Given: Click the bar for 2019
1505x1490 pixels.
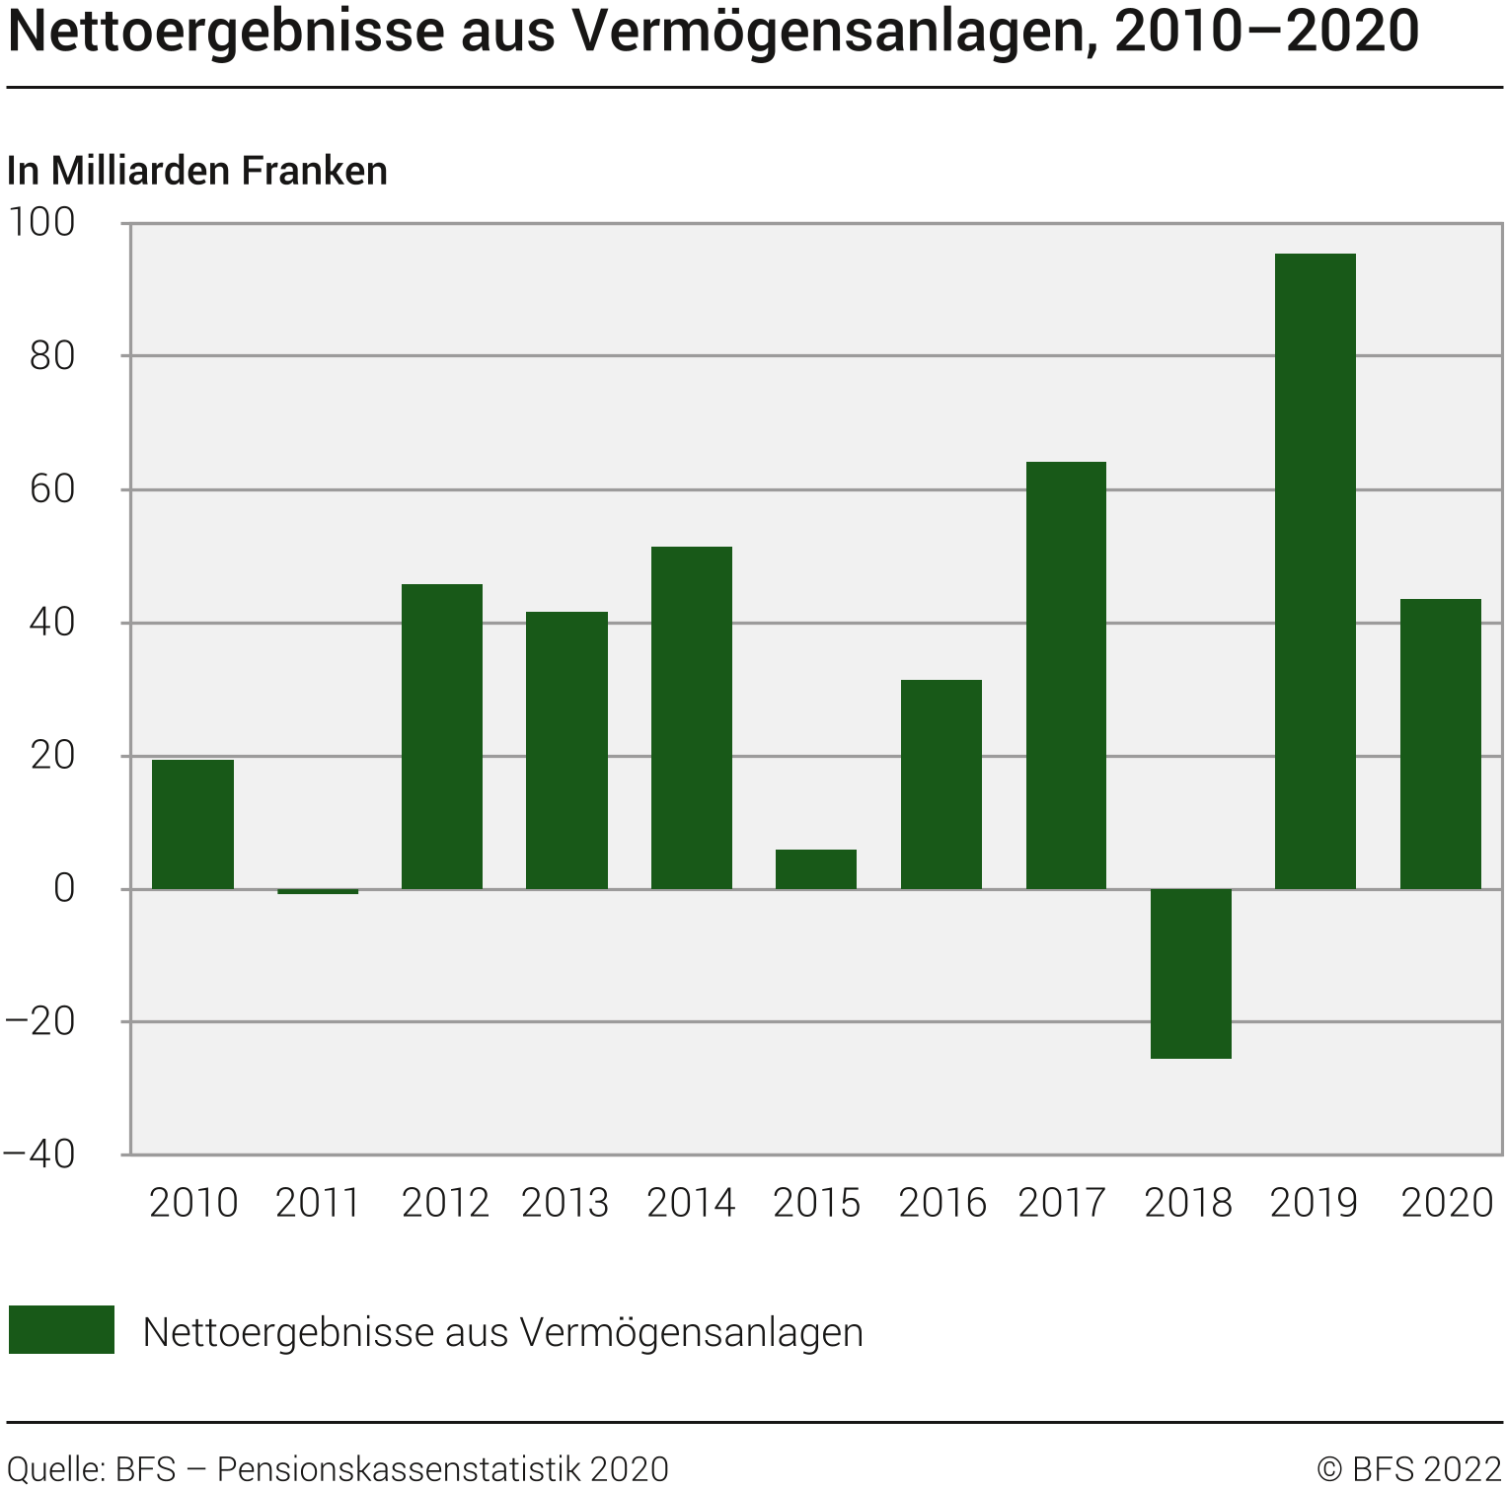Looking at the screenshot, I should (1315, 571).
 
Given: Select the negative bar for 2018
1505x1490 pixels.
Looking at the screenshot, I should (1190, 973).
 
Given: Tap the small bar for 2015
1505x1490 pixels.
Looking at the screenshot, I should (816, 869).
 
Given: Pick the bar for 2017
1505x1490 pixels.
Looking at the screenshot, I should (1066, 675).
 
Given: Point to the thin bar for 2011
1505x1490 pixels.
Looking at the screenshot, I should (318, 891).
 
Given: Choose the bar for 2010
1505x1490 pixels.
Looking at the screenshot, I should (192, 824).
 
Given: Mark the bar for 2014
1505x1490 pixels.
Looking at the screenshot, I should (692, 717).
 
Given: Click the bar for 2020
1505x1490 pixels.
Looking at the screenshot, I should (1440, 744).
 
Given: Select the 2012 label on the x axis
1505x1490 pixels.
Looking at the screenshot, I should (445, 1203).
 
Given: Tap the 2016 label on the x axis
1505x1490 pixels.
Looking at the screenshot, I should (942, 1203).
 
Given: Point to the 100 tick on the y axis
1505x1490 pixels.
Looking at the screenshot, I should (41, 222).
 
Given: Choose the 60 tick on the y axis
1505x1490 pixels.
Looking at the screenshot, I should (52, 488).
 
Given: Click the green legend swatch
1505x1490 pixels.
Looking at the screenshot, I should (61, 1329).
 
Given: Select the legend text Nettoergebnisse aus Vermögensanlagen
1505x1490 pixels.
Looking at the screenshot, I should (502, 1332).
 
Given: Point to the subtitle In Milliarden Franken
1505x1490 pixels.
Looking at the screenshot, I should (197, 171).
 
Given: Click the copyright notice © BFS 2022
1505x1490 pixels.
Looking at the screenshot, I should (1408, 1468).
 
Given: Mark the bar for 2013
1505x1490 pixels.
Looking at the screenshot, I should (566, 750).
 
